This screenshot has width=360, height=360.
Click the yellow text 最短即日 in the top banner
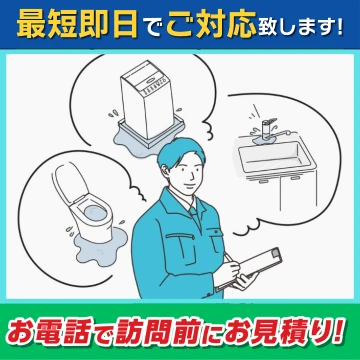77,25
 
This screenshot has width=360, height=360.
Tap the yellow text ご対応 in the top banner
212,25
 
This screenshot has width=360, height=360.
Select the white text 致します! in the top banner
300,27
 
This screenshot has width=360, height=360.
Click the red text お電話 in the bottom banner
49,331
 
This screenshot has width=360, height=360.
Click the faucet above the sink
267,129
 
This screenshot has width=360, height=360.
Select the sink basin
276,156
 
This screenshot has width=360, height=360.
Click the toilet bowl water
96,213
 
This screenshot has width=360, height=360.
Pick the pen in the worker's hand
229,260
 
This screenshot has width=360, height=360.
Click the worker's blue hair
180,152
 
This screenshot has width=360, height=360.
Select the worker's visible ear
164,172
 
